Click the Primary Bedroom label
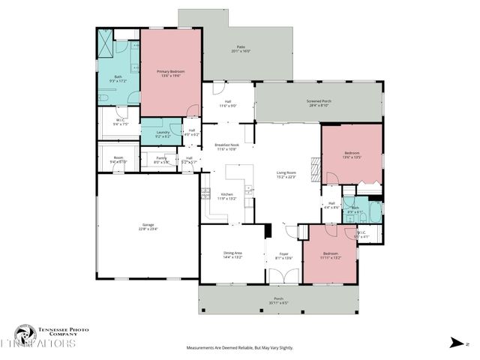point(171,73)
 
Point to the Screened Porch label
point(319,103)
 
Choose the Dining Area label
point(232,255)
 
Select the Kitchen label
point(226,196)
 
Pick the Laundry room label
point(163,135)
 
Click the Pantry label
point(160,160)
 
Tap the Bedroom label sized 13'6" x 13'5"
point(352,154)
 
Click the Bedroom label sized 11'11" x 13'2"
point(331,255)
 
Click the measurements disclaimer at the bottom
point(240,348)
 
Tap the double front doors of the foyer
point(278,276)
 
